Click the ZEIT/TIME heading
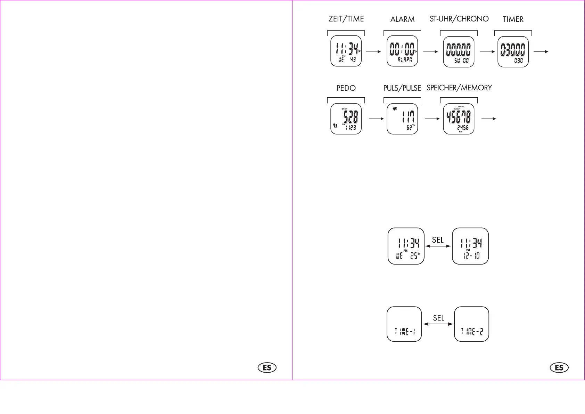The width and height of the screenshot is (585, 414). (x=346, y=19)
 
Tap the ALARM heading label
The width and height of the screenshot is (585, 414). (x=402, y=19)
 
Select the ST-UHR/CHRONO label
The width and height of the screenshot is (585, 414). (x=459, y=19)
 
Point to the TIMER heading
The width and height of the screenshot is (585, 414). (x=513, y=19)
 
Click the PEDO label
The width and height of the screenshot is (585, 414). (x=346, y=88)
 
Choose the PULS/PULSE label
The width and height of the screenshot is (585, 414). (x=402, y=88)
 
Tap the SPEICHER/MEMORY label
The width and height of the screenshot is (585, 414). (x=459, y=88)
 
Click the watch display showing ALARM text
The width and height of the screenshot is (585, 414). (x=402, y=51)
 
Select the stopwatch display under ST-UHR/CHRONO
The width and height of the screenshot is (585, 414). (x=459, y=51)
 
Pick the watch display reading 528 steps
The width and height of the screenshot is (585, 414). (x=346, y=119)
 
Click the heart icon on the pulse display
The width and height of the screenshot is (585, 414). (x=395, y=109)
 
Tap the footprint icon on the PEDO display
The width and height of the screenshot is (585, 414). (x=335, y=125)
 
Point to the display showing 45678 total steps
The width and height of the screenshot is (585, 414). (x=459, y=119)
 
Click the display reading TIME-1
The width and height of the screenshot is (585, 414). (x=404, y=324)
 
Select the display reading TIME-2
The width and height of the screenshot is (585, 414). (x=471, y=324)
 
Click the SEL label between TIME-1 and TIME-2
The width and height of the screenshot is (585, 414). (x=438, y=318)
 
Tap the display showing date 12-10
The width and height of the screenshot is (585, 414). (x=470, y=246)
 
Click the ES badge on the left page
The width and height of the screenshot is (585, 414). (x=267, y=368)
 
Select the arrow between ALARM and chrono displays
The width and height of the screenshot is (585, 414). (x=430, y=52)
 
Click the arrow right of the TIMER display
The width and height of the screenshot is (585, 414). (x=541, y=52)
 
